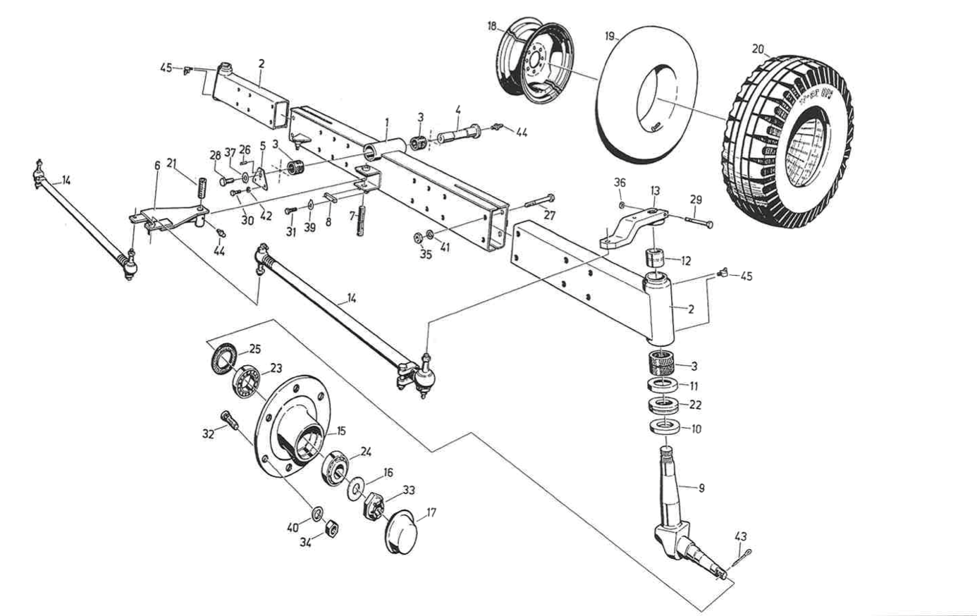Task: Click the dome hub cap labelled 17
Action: pyautogui.click(x=401, y=531)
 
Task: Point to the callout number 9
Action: pyautogui.click(x=701, y=487)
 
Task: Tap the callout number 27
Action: pyautogui.click(x=549, y=216)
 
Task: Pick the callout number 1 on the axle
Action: pyautogui.click(x=386, y=122)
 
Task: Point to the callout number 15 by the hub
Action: pyautogui.click(x=341, y=430)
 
